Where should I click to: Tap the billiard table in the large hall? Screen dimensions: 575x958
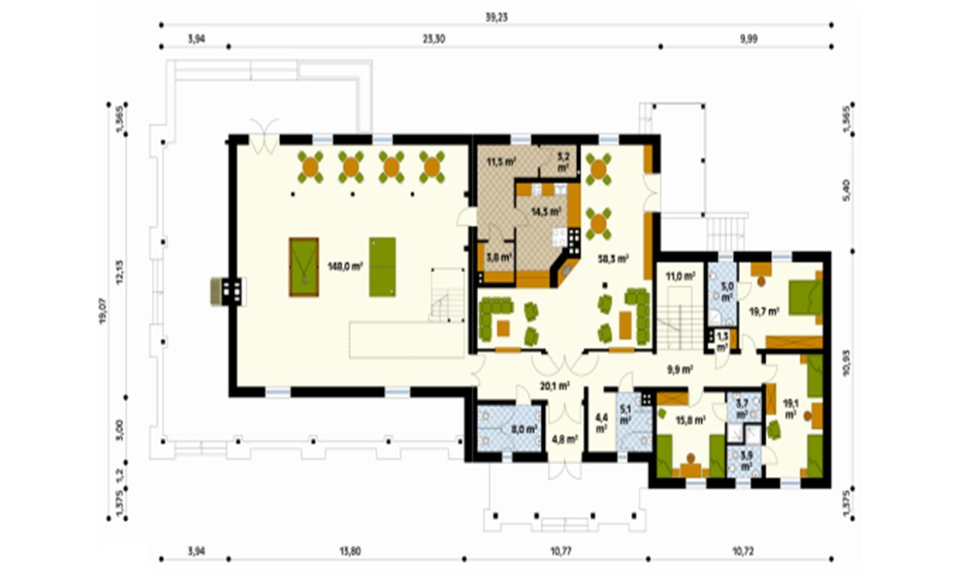pos(304,267)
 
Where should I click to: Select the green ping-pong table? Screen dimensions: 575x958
pos(382,267)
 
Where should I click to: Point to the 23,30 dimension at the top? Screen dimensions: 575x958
pos(433,40)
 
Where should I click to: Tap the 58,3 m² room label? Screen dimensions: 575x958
pos(612,258)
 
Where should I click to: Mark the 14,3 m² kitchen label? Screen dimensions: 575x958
pos(546,212)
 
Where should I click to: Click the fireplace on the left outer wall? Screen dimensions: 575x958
pos(227,291)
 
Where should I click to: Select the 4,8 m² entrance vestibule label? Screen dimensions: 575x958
pos(565,439)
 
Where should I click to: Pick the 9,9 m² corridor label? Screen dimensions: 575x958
pos(679,369)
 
